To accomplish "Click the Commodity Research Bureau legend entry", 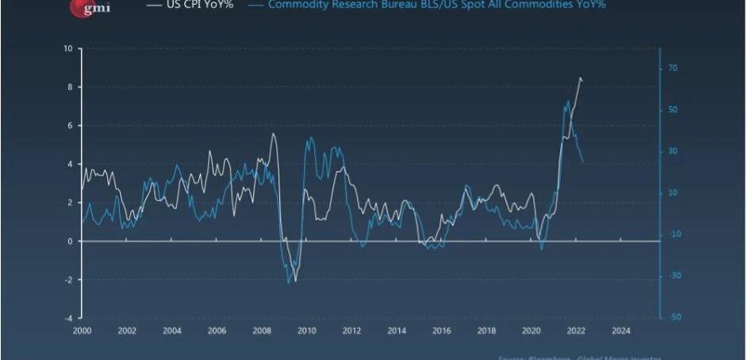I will tap(437, 5).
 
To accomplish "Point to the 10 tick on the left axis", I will tap(69, 49).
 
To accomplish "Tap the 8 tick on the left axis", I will tap(71, 87).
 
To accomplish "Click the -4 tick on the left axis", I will tap(69, 317).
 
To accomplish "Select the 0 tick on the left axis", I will tap(71, 241).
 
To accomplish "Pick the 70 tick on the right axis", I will tap(673, 68).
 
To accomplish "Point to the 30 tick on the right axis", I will tap(673, 151).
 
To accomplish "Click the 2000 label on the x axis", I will tap(82, 331).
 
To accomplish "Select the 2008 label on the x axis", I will tap(262, 331).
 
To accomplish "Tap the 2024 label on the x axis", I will tap(621, 331).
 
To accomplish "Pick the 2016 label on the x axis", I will tap(442, 331).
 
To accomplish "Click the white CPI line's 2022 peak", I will tap(580, 78).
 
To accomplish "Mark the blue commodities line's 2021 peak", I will tap(568, 101).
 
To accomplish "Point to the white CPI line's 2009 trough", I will tap(295, 281).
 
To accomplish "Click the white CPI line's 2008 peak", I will tap(273, 133).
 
